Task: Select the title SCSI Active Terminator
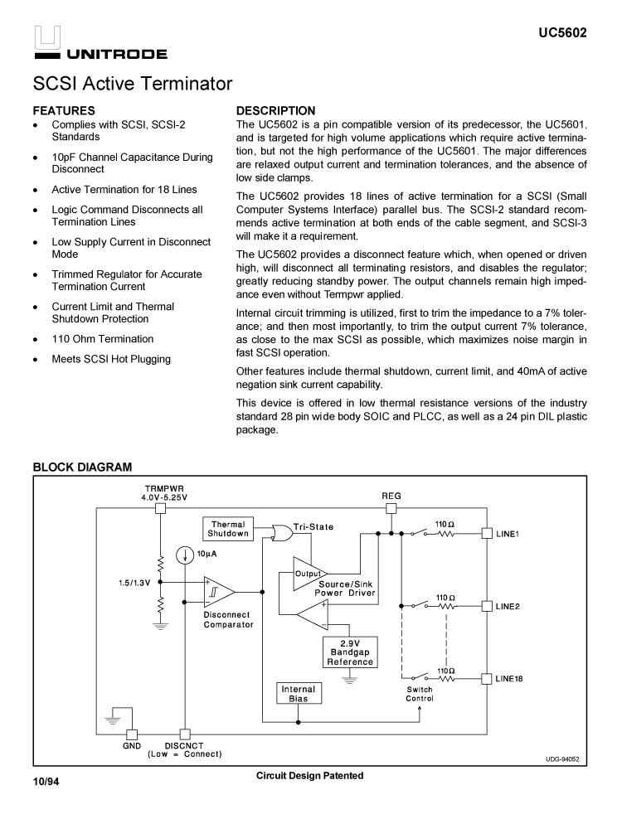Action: tap(133, 84)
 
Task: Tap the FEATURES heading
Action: tap(64, 110)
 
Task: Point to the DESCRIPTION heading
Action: tap(276, 110)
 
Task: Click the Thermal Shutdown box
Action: tap(228, 529)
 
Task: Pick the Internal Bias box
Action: tap(298, 694)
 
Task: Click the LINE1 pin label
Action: tap(508, 534)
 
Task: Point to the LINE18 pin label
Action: tap(510, 679)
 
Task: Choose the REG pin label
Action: tap(391, 496)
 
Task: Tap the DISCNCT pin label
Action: tap(184, 745)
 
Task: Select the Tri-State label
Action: tap(313, 527)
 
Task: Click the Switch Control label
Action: tap(419, 694)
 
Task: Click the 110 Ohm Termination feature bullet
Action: tap(102, 339)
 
